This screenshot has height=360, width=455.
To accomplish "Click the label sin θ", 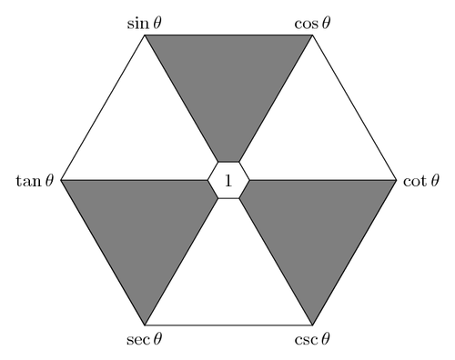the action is (145, 20).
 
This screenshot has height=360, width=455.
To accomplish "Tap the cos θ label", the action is (312, 20).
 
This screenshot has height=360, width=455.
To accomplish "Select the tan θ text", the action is (37, 181).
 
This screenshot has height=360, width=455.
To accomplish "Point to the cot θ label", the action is (420, 181).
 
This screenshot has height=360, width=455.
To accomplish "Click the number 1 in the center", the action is (228, 181).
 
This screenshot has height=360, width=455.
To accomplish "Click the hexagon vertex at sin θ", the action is (145, 35).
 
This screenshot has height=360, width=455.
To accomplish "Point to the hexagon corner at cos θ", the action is (312, 35).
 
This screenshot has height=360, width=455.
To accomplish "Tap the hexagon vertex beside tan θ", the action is (61, 180).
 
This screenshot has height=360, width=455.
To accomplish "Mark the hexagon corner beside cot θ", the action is (396, 180).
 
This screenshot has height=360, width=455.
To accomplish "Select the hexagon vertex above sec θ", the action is (145, 325).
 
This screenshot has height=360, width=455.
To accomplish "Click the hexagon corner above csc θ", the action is (312, 325).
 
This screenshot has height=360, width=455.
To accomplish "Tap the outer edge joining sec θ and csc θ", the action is (228, 325).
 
